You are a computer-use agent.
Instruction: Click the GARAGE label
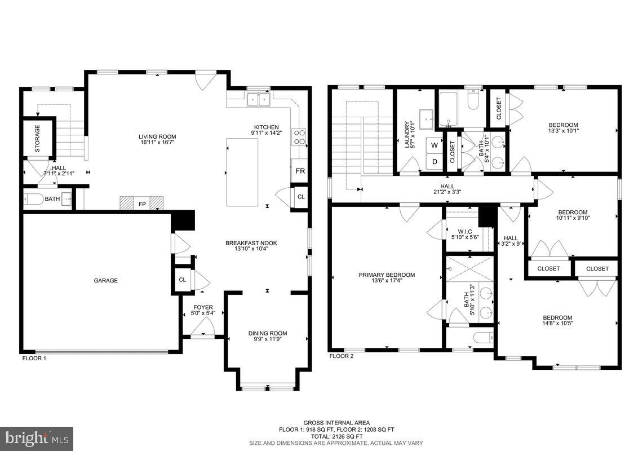pyautogui.click(x=105, y=280)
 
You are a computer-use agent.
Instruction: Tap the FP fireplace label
pyautogui.click(x=141, y=204)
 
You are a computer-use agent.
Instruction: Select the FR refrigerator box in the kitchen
pyautogui.click(x=300, y=171)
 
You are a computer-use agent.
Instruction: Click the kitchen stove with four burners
pyautogui.click(x=299, y=138)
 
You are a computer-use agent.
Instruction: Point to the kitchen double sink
pyautogui.click(x=259, y=100)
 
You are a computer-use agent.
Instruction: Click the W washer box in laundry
pyautogui.click(x=434, y=145)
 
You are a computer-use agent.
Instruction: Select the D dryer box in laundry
pyautogui.click(x=434, y=162)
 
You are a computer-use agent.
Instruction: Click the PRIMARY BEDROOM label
pyautogui.click(x=387, y=275)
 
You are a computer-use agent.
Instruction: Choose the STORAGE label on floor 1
pyautogui.click(x=38, y=140)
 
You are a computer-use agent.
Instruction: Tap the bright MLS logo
pyautogui.click(x=37, y=438)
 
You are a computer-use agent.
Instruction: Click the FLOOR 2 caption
pyautogui.click(x=341, y=356)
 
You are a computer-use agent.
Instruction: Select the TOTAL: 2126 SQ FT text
pyautogui.click(x=336, y=436)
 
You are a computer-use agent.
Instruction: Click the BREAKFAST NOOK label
pyautogui.click(x=251, y=243)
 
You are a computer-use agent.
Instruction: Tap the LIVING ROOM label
pyautogui.click(x=157, y=136)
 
